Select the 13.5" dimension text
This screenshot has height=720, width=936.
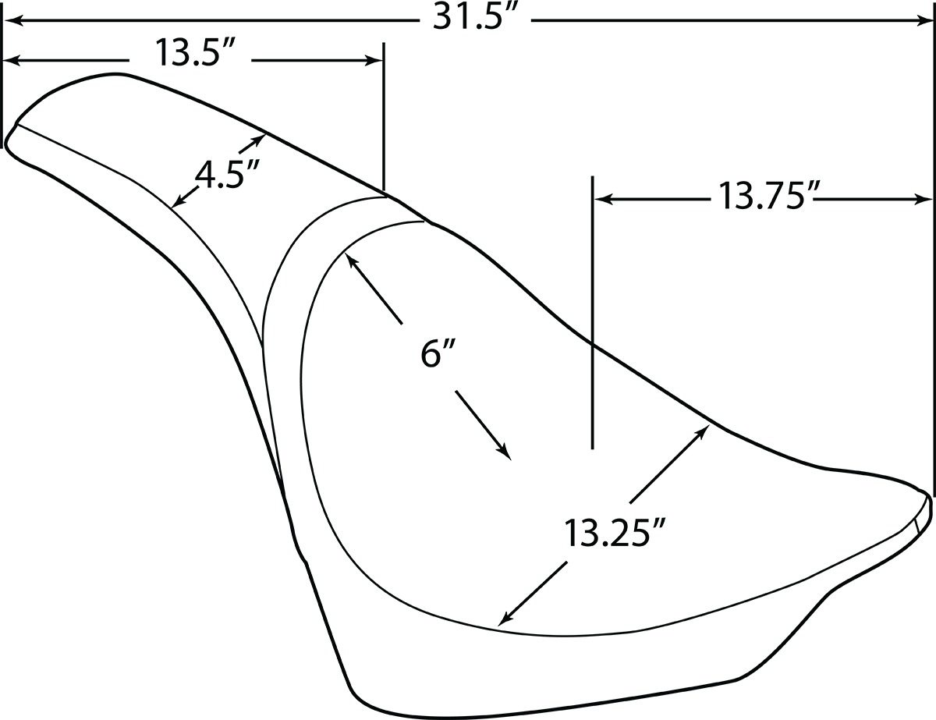(x=194, y=52)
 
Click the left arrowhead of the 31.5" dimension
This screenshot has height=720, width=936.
(x=11, y=20)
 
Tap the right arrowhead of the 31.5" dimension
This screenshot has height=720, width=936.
(x=924, y=20)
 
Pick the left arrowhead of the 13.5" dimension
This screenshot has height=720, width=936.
(x=11, y=61)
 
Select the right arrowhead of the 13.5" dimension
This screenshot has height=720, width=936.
(x=374, y=61)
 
